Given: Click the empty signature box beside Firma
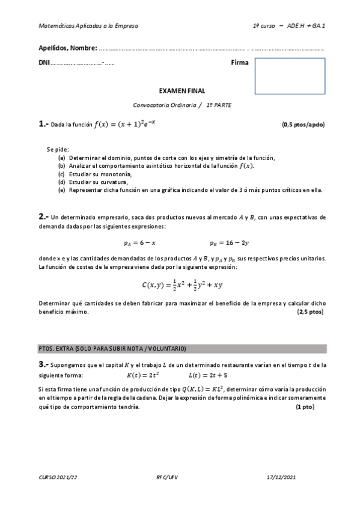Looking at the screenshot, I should coord(290,76).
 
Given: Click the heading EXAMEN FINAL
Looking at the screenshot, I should coord(182,91).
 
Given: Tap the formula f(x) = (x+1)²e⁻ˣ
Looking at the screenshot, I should coord(126,124).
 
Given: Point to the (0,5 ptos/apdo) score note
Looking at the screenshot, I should coord(303,125).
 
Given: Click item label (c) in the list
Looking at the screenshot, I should coord(61,174).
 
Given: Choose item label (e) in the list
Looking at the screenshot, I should coord(61,190).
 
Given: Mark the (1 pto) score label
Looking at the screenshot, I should coord(305,407).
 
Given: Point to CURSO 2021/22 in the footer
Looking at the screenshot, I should coord(58,477).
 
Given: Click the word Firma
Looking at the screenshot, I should coord(239,63).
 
